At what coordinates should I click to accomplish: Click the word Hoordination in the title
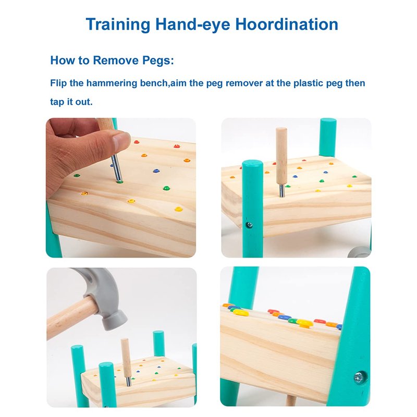[x=287, y=24]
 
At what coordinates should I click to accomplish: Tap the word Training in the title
[x=118, y=24]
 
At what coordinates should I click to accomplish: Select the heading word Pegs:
[x=158, y=60]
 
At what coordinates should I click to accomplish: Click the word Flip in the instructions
[x=58, y=83]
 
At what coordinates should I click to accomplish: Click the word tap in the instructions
[x=57, y=102]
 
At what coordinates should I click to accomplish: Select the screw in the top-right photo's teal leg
[x=249, y=225]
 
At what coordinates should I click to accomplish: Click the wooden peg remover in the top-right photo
[x=281, y=157]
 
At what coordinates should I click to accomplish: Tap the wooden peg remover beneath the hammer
[x=126, y=358]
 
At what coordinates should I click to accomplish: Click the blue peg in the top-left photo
[x=156, y=171]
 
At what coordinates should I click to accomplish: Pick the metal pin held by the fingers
[x=116, y=168]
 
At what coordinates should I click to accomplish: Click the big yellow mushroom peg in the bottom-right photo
[x=305, y=323]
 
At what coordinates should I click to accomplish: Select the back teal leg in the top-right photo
[x=328, y=138]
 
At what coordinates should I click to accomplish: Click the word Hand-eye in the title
[x=193, y=24]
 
